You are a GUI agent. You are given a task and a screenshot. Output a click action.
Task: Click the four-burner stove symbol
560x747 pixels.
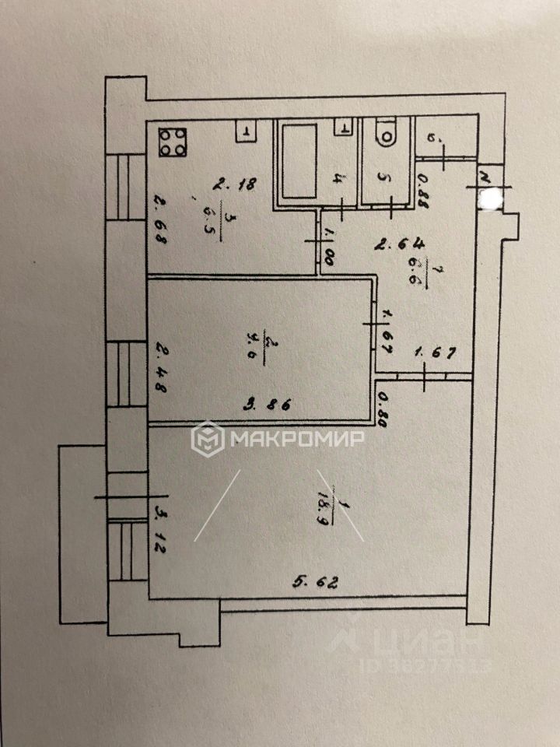(173, 141)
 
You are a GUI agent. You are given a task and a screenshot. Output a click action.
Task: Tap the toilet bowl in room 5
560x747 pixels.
(384, 133)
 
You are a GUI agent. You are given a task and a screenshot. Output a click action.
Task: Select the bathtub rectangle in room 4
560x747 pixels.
(297, 161)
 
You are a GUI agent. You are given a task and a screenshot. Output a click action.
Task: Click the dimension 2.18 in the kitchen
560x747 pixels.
(236, 184)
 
